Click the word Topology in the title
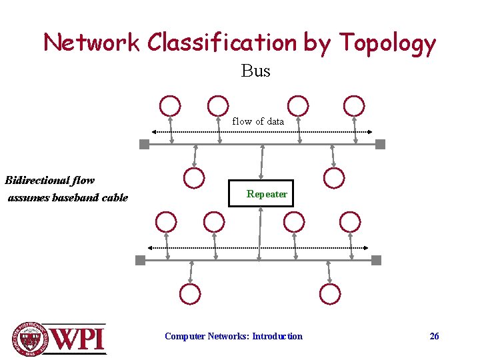click(387, 43)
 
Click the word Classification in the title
click(222, 43)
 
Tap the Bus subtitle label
click(256, 71)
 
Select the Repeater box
click(261, 194)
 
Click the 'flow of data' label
click(258, 121)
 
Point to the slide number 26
click(434, 336)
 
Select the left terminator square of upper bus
click(144, 144)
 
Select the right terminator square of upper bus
click(380, 144)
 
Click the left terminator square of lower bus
click(140, 260)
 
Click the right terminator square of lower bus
click(376, 260)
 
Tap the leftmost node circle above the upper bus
click(170, 106)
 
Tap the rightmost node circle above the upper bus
click(354, 106)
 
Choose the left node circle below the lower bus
click(190, 293)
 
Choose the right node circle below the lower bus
click(330, 293)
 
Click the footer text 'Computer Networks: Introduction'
click(233, 336)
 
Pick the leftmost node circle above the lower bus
click(166, 221)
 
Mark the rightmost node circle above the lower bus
click(350, 221)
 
